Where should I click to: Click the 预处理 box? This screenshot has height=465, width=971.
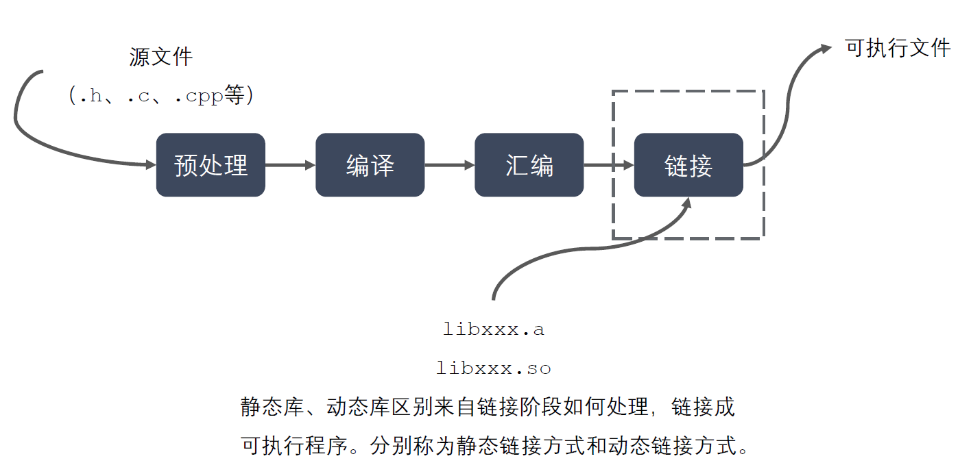click(x=211, y=165)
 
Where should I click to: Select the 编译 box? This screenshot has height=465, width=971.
click(x=370, y=165)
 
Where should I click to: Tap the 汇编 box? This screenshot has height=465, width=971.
click(x=529, y=165)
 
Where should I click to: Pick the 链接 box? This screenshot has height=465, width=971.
click(x=688, y=165)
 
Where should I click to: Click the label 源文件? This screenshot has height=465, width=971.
click(x=161, y=57)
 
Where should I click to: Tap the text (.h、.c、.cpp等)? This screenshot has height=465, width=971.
click(x=161, y=96)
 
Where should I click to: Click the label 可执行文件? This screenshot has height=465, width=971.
click(x=898, y=48)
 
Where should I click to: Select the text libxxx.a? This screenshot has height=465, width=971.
click(x=494, y=329)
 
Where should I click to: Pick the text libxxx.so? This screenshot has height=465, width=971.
click(x=494, y=368)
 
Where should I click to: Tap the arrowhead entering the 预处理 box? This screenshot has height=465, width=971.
click(x=150, y=164)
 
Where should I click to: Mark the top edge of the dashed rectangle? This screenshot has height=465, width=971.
click(x=688, y=91)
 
